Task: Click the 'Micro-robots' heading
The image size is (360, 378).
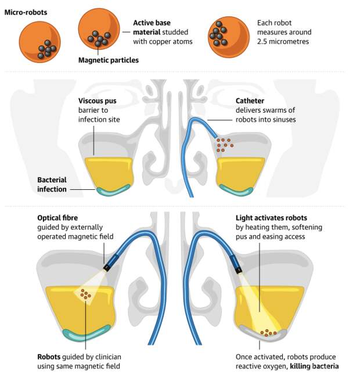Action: click(26, 12)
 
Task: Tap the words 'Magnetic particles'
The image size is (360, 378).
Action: click(109, 60)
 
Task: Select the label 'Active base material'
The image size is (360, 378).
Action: click(152, 27)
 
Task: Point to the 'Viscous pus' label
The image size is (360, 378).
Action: click(97, 101)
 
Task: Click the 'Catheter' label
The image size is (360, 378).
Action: click(250, 101)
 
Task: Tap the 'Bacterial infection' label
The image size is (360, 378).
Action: click(52, 185)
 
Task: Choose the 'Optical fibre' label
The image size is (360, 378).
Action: click(57, 218)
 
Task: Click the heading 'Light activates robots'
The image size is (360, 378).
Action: click(271, 218)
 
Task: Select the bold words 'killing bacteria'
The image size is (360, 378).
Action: click(314, 366)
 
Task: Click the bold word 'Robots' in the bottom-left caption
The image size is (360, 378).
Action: click(49, 357)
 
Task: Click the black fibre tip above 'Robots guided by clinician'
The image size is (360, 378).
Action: click(106, 267)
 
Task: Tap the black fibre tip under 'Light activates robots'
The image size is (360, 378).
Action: click(239, 271)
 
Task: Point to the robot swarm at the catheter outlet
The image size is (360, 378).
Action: click(225, 145)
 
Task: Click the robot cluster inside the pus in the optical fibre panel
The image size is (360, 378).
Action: click(85, 294)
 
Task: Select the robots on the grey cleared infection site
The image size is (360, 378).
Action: click(268, 333)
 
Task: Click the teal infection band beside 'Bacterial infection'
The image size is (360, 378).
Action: click(113, 190)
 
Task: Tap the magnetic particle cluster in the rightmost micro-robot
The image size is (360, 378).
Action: click(218, 34)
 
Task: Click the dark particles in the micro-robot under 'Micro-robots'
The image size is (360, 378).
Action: click(47, 49)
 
